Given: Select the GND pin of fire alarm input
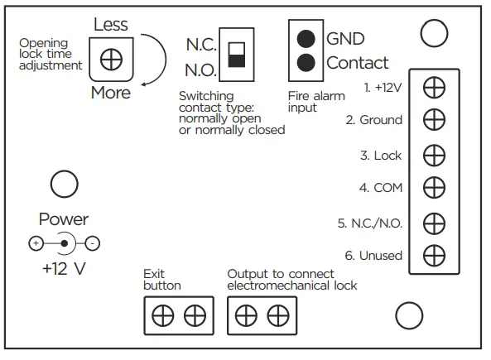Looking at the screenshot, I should pyautogui.click(x=306, y=38).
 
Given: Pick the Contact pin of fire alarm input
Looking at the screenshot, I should pyautogui.click(x=306, y=62).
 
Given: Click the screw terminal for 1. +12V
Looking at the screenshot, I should pyautogui.click(x=433, y=85).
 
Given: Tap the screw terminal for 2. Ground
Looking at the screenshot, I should pyautogui.click(x=433, y=120).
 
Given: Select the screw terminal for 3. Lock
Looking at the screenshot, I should pyautogui.click(x=433, y=155).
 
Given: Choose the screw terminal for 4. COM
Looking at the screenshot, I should pyautogui.click(x=433, y=188).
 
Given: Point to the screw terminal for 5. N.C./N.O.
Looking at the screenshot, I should pyautogui.click(x=433, y=223).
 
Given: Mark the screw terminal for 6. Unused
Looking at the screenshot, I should pyautogui.click(x=433, y=256).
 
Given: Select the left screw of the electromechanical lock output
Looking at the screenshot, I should pyautogui.click(x=247, y=315).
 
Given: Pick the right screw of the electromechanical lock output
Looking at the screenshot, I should pyautogui.click(x=277, y=315).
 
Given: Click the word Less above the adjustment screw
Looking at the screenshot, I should pyautogui.click(x=110, y=25).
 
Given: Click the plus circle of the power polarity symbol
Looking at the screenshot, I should pyautogui.click(x=36, y=243).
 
